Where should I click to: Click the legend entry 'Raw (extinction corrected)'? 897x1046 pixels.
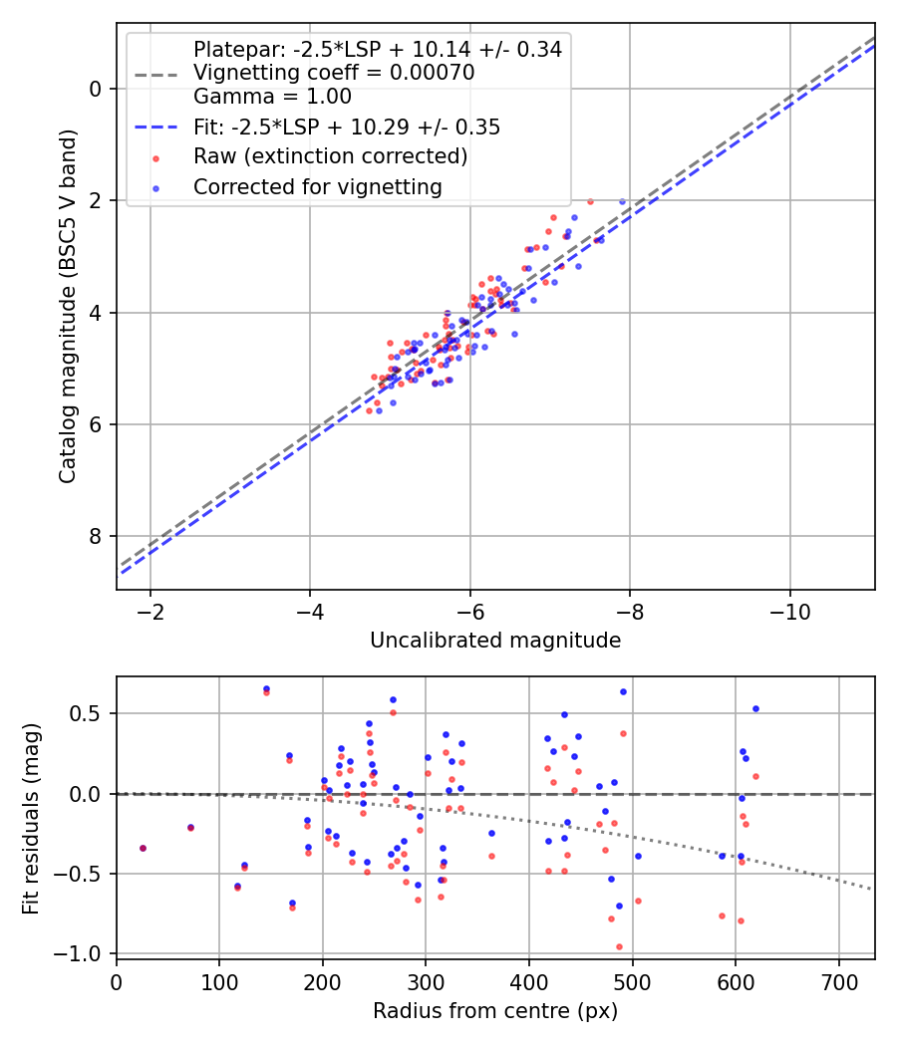coord(330,156)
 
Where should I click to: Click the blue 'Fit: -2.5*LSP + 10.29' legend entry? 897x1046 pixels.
coord(347,128)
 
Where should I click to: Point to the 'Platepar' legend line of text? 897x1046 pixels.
coord(377,49)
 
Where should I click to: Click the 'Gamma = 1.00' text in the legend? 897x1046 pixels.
coord(272,97)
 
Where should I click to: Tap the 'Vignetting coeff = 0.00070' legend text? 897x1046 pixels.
coord(334,73)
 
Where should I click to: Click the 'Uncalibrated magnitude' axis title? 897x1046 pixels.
coord(495,641)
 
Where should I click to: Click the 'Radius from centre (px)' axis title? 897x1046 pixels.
coord(495,1011)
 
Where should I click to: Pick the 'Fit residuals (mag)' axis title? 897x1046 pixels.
coord(30,817)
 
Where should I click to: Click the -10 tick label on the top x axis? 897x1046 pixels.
coord(790,610)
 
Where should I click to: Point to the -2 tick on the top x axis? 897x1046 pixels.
coord(150,610)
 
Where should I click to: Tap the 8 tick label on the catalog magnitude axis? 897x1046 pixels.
coord(96,537)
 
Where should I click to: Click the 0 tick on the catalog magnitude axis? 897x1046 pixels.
coord(96,89)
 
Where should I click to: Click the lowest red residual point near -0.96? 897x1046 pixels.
coord(619,946)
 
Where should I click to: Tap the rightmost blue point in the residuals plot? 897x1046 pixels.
coord(755,708)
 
